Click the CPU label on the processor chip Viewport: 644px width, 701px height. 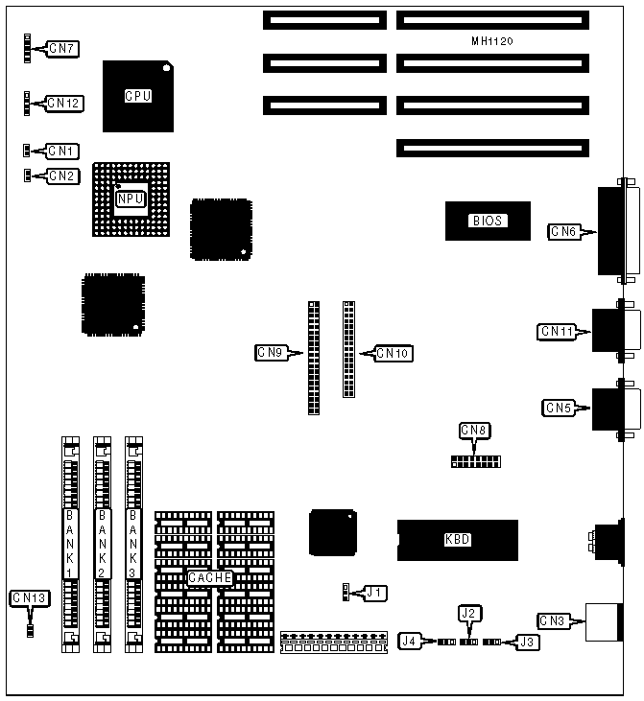click(x=138, y=96)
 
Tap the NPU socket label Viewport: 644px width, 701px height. click(x=131, y=199)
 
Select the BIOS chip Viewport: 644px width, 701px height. click(x=487, y=221)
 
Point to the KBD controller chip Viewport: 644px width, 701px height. click(x=458, y=539)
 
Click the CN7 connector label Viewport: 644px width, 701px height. click(x=63, y=48)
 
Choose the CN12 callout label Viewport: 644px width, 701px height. click(x=64, y=103)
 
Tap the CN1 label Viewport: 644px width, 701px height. click(x=62, y=151)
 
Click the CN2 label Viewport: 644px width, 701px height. click(x=62, y=175)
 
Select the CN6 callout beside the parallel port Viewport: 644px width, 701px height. click(x=563, y=230)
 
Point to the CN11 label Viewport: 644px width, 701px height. click(x=557, y=332)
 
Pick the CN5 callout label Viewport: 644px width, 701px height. click(x=559, y=408)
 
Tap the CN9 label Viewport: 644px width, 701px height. click(x=270, y=353)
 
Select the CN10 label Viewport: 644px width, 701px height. click(x=394, y=354)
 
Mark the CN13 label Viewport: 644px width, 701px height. click(x=29, y=597)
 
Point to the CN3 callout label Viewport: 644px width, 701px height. click(x=552, y=621)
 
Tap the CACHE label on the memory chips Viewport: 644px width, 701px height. click(x=209, y=578)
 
